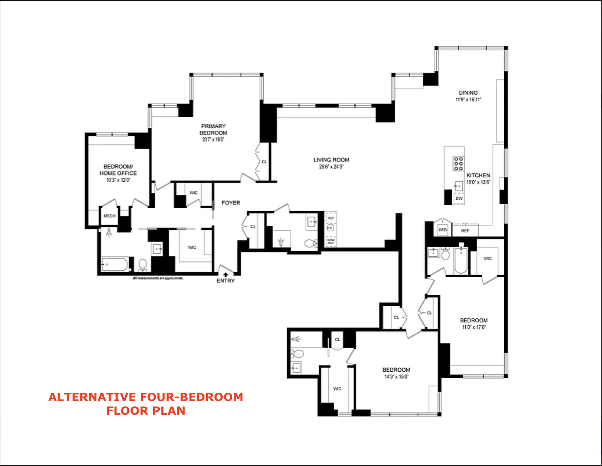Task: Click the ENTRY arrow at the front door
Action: point(225,274)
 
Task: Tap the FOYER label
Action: point(231,203)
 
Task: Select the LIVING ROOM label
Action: point(331,160)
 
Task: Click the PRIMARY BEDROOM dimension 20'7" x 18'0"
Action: point(213,140)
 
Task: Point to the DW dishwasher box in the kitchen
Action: point(459,199)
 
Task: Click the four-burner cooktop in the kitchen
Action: point(458,163)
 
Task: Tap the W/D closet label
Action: point(443,230)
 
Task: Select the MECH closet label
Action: point(109,216)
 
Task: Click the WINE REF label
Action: point(331,241)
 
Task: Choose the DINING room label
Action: point(468,93)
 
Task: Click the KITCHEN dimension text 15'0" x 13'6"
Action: point(478,182)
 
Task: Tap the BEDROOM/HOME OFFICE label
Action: point(118,170)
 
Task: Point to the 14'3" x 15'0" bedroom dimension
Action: point(396,377)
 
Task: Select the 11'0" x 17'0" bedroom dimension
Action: point(474,327)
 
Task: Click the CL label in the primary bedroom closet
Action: point(264,162)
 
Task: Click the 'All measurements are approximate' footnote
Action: point(158,278)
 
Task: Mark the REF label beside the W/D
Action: point(465,231)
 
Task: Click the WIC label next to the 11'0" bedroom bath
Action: point(488,258)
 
